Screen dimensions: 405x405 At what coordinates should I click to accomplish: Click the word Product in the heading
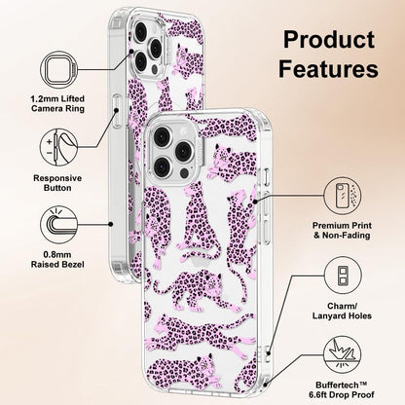click(x=329, y=40)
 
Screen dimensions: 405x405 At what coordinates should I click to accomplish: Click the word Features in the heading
click(x=328, y=68)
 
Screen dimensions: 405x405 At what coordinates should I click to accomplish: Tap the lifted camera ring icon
click(x=58, y=70)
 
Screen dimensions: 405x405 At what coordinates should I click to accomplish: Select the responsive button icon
click(x=58, y=147)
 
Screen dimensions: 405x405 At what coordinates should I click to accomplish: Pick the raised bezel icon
click(x=58, y=225)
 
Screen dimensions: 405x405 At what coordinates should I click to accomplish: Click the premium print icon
click(x=343, y=196)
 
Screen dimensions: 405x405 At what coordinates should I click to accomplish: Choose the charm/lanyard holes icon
click(x=343, y=276)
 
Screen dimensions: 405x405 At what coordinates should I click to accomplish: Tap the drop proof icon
click(x=343, y=354)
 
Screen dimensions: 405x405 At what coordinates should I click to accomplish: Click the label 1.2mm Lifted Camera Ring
click(x=57, y=103)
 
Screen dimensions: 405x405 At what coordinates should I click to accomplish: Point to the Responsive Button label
click(x=57, y=183)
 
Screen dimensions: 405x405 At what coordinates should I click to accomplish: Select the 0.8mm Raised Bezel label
click(x=57, y=260)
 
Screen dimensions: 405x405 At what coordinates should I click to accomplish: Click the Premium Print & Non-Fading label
click(x=342, y=231)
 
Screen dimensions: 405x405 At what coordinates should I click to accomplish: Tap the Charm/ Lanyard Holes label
click(x=342, y=311)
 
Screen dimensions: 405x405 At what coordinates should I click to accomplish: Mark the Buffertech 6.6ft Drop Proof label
click(x=342, y=389)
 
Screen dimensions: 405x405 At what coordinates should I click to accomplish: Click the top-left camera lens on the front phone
click(x=162, y=136)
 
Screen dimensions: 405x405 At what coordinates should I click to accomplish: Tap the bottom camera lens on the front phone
click(x=162, y=166)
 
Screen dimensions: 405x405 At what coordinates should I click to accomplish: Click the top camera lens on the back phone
click(x=141, y=31)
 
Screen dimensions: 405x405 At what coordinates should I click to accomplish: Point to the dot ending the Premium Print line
click(x=255, y=202)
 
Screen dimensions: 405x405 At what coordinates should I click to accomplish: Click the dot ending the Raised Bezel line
click(x=111, y=224)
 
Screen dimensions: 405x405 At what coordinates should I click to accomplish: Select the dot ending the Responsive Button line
click(x=116, y=110)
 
